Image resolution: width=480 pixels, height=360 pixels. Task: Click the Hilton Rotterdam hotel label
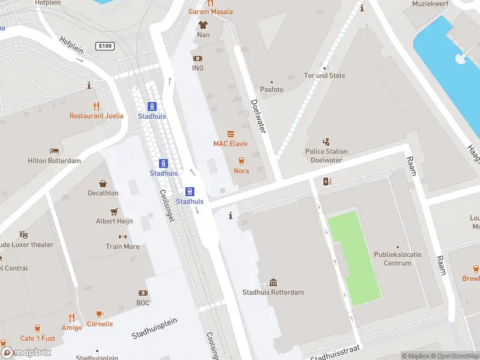click(x=54, y=161)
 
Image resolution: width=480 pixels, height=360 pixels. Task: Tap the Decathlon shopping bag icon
click(x=103, y=184)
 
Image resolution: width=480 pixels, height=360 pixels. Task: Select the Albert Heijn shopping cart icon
click(x=114, y=212)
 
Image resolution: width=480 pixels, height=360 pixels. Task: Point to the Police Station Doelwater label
click(x=327, y=155)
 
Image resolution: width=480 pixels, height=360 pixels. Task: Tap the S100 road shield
click(x=104, y=46)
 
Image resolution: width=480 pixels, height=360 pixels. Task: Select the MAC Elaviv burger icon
click(x=230, y=134)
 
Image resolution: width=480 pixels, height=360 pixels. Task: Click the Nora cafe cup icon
click(x=241, y=161)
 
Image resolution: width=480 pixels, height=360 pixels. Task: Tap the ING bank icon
click(x=197, y=58)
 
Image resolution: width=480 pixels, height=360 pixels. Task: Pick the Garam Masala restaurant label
click(x=210, y=12)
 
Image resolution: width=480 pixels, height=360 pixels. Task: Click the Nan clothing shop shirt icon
click(x=203, y=25)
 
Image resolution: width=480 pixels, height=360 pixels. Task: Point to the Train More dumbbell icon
click(x=122, y=236)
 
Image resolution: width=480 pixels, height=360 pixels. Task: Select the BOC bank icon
click(x=143, y=293)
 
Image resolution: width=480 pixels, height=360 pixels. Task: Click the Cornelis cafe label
click(x=100, y=324)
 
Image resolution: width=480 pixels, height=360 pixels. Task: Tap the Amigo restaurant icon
click(x=72, y=317)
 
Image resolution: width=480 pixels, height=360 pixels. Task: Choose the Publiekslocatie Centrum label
click(x=397, y=259)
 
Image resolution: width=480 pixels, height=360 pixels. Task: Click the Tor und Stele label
click(x=325, y=76)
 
